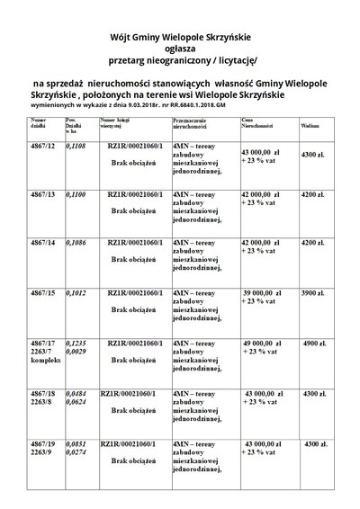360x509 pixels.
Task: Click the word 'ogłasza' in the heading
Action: click(x=181, y=49)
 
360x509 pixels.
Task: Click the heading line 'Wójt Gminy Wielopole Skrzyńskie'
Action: click(x=180, y=37)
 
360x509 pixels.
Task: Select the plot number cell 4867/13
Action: click(x=43, y=193)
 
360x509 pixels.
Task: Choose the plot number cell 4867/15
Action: click(x=43, y=292)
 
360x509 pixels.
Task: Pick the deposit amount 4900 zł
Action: click(x=317, y=344)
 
